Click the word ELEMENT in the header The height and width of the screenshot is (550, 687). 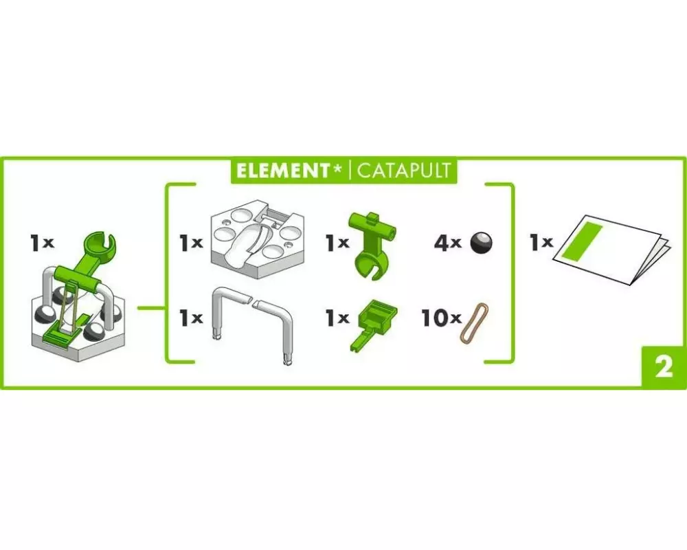pos(283,170)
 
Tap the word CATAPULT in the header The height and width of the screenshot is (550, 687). pos(403,170)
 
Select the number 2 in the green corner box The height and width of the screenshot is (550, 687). pos(664,367)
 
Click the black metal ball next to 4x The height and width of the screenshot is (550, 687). pos(481,243)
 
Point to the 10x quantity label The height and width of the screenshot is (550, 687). pos(441,318)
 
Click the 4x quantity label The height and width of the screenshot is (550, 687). pos(448,243)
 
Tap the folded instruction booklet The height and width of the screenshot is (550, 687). pos(612,250)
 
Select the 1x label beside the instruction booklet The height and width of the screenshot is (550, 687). pos(541,242)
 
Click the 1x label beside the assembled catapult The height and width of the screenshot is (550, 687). pos(42,242)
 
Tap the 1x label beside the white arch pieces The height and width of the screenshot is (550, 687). pos(191,318)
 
